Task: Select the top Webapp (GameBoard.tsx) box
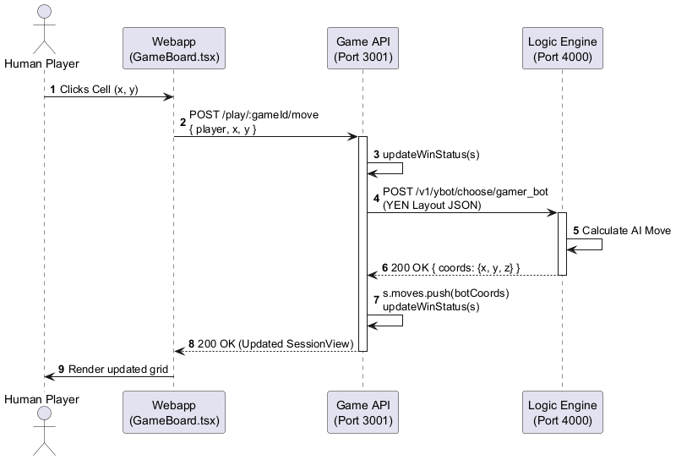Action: click(x=173, y=49)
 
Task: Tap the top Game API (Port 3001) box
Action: click(x=363, y=49)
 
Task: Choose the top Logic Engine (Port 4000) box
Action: click(x=562, y=49)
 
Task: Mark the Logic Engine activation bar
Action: click(x=562, y=244)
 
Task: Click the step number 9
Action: click(x=63, y=370)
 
